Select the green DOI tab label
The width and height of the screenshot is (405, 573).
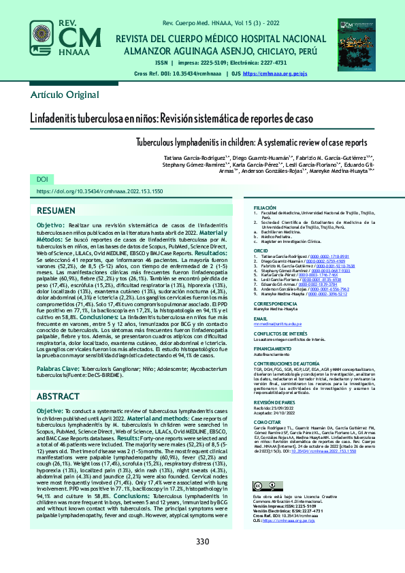click(43, 179)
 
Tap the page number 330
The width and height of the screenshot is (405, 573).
click(202, 542)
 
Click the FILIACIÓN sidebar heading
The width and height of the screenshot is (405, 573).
click(265, 207)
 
